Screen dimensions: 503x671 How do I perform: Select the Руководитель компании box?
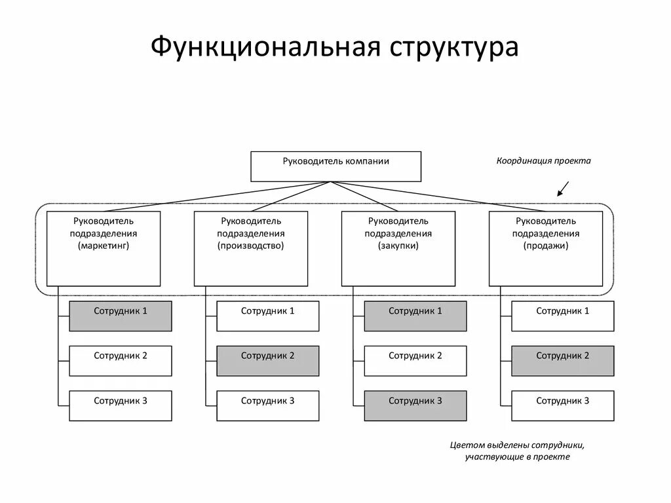[x=335, y=166]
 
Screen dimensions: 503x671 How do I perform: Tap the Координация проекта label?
[x=543, y=160]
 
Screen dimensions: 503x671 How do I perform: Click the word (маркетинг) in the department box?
[x=104, y=246]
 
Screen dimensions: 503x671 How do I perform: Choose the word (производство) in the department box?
[x=251, y=246]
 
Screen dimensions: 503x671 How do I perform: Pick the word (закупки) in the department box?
[x=398, y=246]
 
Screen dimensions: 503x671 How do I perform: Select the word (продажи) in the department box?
[x=546, y=246]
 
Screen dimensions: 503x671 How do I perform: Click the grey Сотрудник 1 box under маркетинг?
[x=121, y=316]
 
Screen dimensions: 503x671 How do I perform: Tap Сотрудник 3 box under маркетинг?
[x=121, y=405]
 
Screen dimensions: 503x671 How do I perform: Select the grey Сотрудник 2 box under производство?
[x=268, y=361]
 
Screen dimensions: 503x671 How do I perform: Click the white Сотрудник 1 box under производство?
[x=268, y=316]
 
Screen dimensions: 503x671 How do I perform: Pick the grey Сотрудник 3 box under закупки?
[x=415, y=405]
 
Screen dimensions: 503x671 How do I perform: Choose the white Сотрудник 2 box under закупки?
[x=415, y=361]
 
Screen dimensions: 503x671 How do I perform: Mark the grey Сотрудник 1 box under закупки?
[x=415, y=316]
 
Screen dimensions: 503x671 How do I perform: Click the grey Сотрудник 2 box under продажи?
[x=563, y=361]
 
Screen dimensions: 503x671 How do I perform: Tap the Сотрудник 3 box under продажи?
[x=563, y=405]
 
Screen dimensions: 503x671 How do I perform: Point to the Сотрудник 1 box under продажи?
[x=563, y=316]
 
